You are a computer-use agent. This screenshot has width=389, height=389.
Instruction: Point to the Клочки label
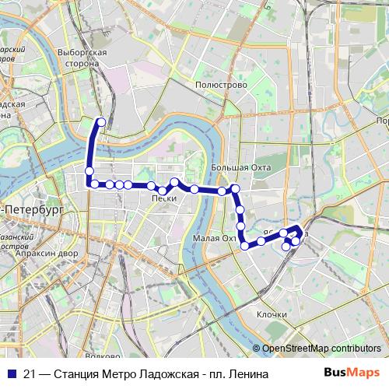pos(272,315)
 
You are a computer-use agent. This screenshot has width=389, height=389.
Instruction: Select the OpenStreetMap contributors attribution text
pos(321,349)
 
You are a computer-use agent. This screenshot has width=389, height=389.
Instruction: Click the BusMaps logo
pos(351,374)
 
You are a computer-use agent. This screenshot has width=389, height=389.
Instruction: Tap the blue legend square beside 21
pos(10,374)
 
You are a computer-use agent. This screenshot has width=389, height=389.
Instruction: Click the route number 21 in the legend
pos(30,374)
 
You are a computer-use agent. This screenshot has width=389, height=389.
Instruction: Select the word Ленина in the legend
pos(251,374)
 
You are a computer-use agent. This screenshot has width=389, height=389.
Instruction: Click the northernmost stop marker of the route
pos(100,121)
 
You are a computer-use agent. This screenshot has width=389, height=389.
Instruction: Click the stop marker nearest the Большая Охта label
pos(234,188)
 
